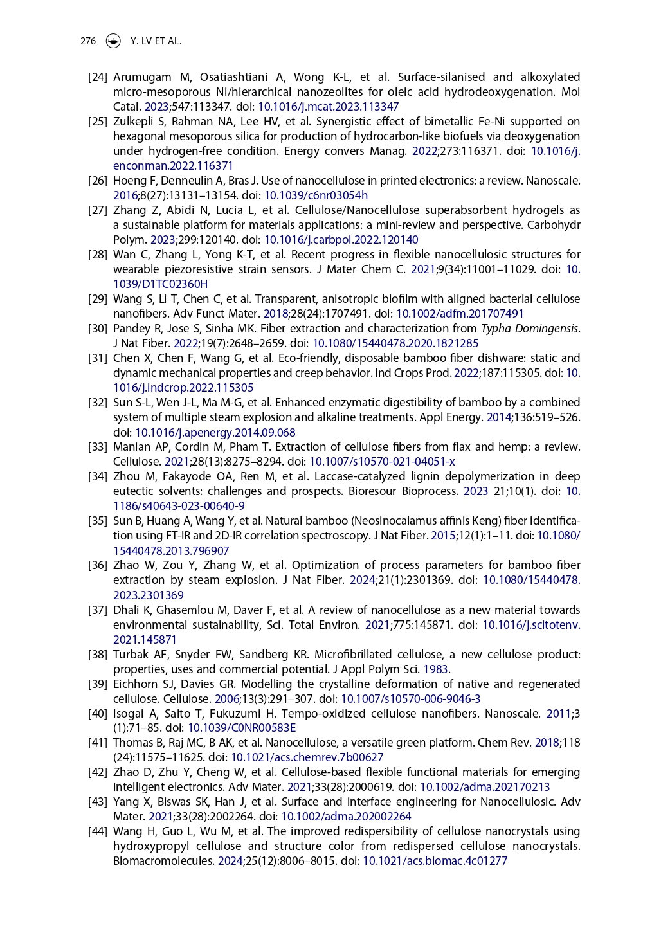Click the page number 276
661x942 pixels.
(88, 41)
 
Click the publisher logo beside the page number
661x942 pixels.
(113, 41)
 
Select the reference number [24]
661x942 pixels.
(98, 77)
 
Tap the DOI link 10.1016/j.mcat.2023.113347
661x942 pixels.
(328, 107)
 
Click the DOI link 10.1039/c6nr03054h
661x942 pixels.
(316, 195)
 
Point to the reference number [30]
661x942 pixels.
(98, 329)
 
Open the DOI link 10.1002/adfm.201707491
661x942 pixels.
(460, 314)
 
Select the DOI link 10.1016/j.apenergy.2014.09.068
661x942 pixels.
(215, 432)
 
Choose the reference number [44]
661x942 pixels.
(98, 831)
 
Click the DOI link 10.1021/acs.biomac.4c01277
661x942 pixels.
(435, 861)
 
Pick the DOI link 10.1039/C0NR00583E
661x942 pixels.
(242, 728)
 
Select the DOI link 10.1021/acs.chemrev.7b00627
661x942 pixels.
(307, 757)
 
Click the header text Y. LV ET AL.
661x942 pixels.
(156, 41)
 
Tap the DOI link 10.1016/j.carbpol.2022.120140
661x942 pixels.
(341, 240)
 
